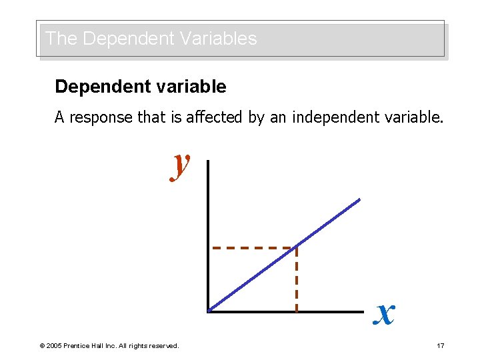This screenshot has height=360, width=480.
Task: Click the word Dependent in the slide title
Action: pos(117,39)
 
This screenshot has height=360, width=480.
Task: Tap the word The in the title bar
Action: pos(61,39)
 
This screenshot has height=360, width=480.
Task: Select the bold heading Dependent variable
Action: pos(141,87)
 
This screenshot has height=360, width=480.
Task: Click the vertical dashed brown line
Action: pos(296,280)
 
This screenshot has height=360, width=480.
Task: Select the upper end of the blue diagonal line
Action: pos(359,199)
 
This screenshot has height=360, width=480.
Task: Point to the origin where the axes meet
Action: pos(209,311)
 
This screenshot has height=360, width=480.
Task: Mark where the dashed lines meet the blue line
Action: pos(296,247)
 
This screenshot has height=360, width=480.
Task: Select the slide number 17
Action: pos(440,345)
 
